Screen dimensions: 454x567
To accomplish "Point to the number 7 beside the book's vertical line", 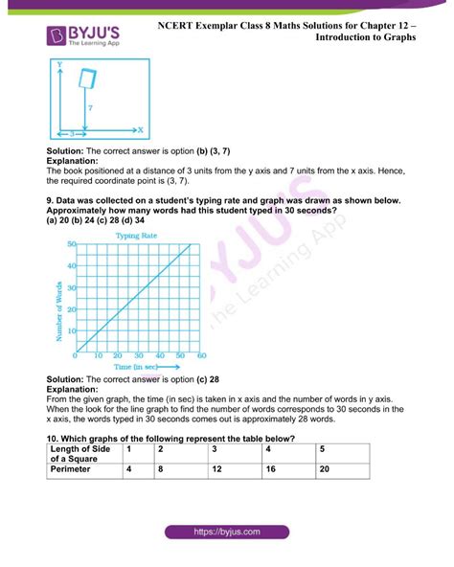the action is pyautogui.click(x=90, y=108).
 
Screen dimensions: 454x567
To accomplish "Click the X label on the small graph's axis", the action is pyautogui.click(x=140, y=128).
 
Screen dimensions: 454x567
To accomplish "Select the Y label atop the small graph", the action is pyautogui.click(x=59, y=64).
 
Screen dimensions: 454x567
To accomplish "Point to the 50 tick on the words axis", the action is pyautogui.click(x=71, y=244).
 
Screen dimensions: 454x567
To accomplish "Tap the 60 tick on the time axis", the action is pyautogui.click(x=200, y=356).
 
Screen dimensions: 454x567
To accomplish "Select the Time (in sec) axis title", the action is pyautogui.click(x=138, y=366).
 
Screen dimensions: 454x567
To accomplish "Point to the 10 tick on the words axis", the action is pyautogui.click(x=70, y=329).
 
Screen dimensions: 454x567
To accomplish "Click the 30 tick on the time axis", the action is pyautogui.click(x=139, y=356).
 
